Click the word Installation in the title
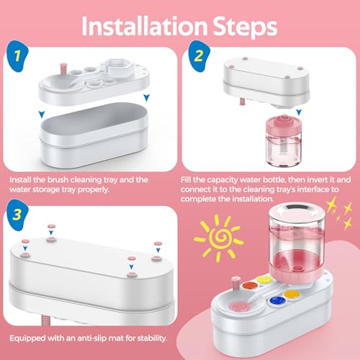coord(145,26)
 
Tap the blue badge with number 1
coord(17,56)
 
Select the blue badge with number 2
coord(199,56)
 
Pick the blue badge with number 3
coord(17,215)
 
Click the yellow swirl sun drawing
coord(219,238)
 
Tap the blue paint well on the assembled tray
coord(277,300)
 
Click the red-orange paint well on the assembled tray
coord(250,286)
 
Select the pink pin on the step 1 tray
coord(63,68)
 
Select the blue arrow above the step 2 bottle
coord(299,112)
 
